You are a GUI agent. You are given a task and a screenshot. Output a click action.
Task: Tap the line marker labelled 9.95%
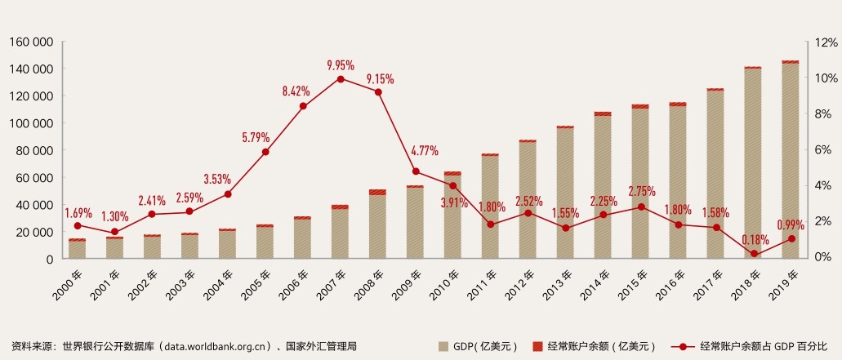coord(340,79)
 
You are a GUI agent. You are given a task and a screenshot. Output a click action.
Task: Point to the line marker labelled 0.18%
coord(754,254)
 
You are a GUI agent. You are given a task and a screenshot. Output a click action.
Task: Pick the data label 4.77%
coord(424,151)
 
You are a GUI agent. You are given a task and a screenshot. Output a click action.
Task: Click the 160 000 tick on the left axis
coord(31,42)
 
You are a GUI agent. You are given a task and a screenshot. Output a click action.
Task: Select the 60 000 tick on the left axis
coord(34,177)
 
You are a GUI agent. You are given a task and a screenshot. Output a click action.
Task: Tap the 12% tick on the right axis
coord(819,42)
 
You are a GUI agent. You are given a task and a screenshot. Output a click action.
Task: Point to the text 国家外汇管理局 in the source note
coord(321,347)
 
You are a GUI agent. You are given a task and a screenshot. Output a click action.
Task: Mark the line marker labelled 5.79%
coord(265,152)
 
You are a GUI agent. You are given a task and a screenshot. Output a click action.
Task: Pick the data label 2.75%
coord(642,191)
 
